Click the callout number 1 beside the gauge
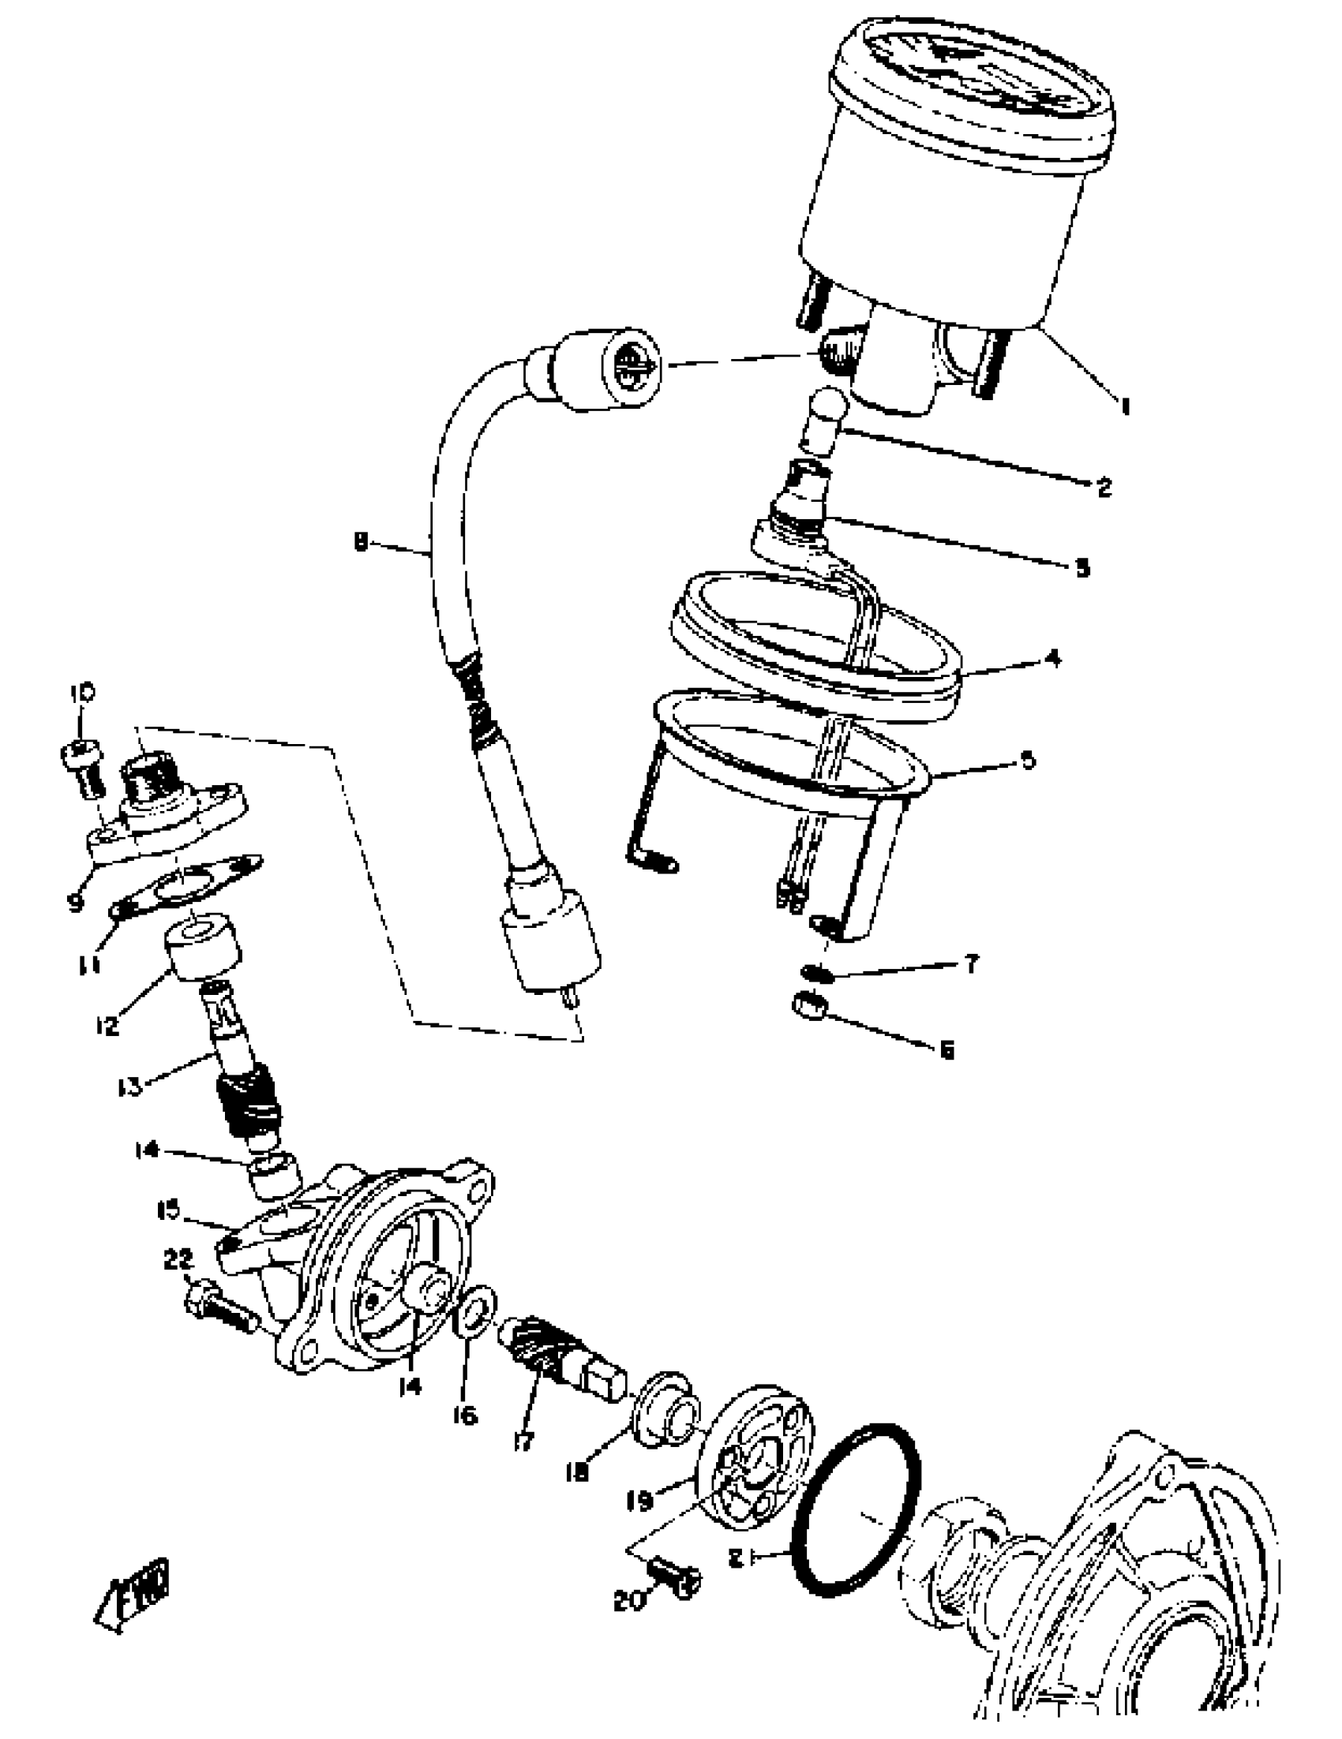coord(1125,407)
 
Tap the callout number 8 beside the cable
coord(361,543)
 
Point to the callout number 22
coord(178,1258)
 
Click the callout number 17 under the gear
coord(523,1439)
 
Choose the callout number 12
coord(106,1025)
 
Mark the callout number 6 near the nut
coord(947,1051)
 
